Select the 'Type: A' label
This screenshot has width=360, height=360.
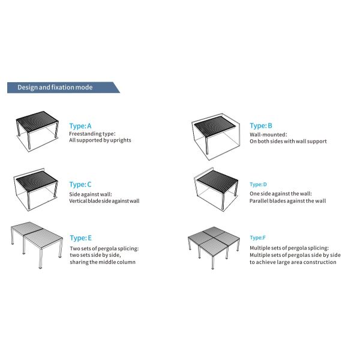point(80,126)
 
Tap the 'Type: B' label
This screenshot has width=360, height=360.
point(261,126)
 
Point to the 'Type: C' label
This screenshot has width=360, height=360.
point(80,185)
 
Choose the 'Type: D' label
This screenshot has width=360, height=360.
point(258,185)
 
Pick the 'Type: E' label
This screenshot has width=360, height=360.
point(81,238)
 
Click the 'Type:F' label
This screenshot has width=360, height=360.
point(257,238)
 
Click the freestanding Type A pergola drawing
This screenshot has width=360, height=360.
point(37,131)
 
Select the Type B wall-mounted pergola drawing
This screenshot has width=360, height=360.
point(215,137)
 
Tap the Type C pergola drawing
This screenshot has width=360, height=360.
point(36,189)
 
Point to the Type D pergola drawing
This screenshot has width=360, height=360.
point(216,189)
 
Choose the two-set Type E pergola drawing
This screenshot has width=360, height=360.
point(37,245)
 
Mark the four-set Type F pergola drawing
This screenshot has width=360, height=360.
point(214,248)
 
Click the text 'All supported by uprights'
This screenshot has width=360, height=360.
point(100,140)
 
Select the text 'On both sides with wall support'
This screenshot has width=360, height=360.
point(288,141)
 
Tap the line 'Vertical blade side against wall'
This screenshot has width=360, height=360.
point(104,201)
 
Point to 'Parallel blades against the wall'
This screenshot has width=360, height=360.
point(287,201)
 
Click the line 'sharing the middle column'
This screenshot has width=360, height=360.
point(103,262)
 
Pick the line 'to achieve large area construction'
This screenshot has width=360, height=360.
point(293,262)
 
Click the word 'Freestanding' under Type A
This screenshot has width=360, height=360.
point(85,134)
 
